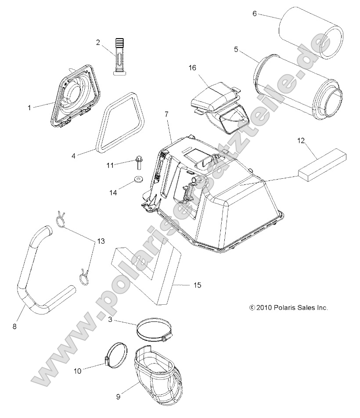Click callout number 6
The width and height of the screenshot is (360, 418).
click(x=254, y=13)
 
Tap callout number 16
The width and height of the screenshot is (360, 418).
click(x=192, y=68)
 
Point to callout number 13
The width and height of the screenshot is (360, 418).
click(x=101, y=241)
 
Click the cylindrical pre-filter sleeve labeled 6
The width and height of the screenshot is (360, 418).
click(x=303, y=34)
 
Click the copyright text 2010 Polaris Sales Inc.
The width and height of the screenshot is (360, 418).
click(x=288, y=308)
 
